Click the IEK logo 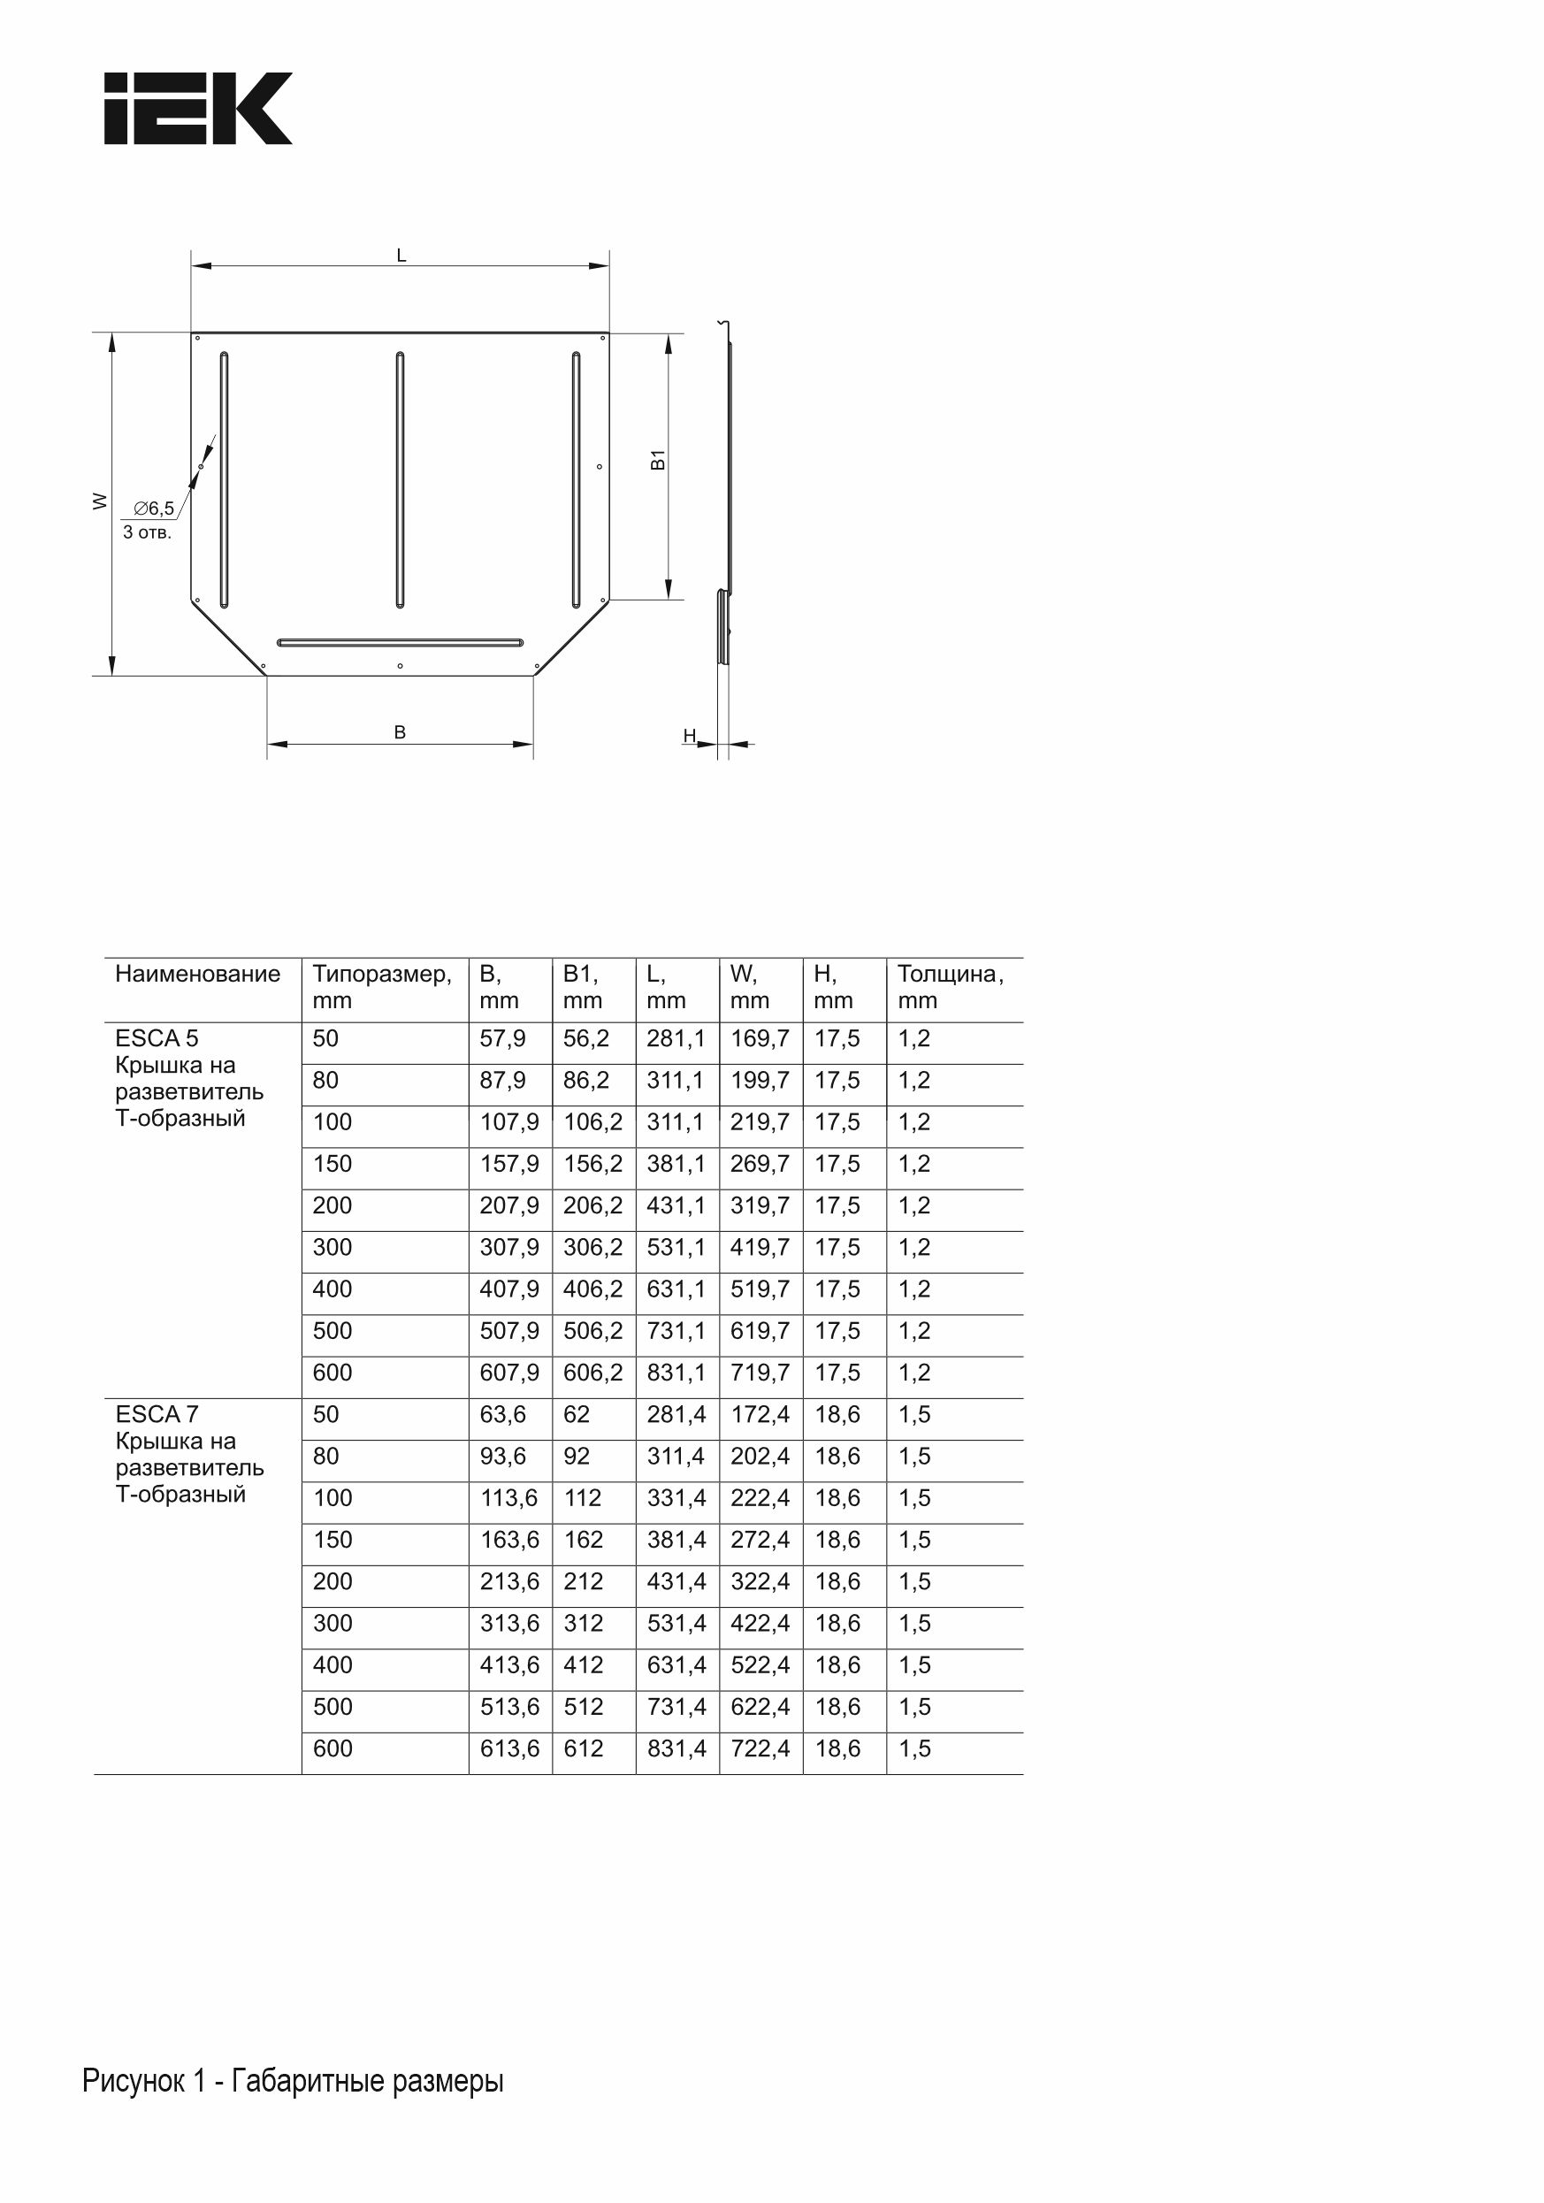tap(198, 109)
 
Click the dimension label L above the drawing tap(401, 256)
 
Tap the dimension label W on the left tap(99, 501)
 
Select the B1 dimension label tap(658, 460)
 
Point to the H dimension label tap(689, 736)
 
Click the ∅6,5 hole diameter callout tap(154, 509)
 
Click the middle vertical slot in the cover tap(401, 479)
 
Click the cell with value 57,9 tap(503, 1039)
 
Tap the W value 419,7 tap(760, 1247)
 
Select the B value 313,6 tap(509, 1624)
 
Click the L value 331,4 tap(676, 1498)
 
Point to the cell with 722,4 tap(760, 1748)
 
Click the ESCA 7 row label tap(157, 1414)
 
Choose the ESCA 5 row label tap(157, 1039)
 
